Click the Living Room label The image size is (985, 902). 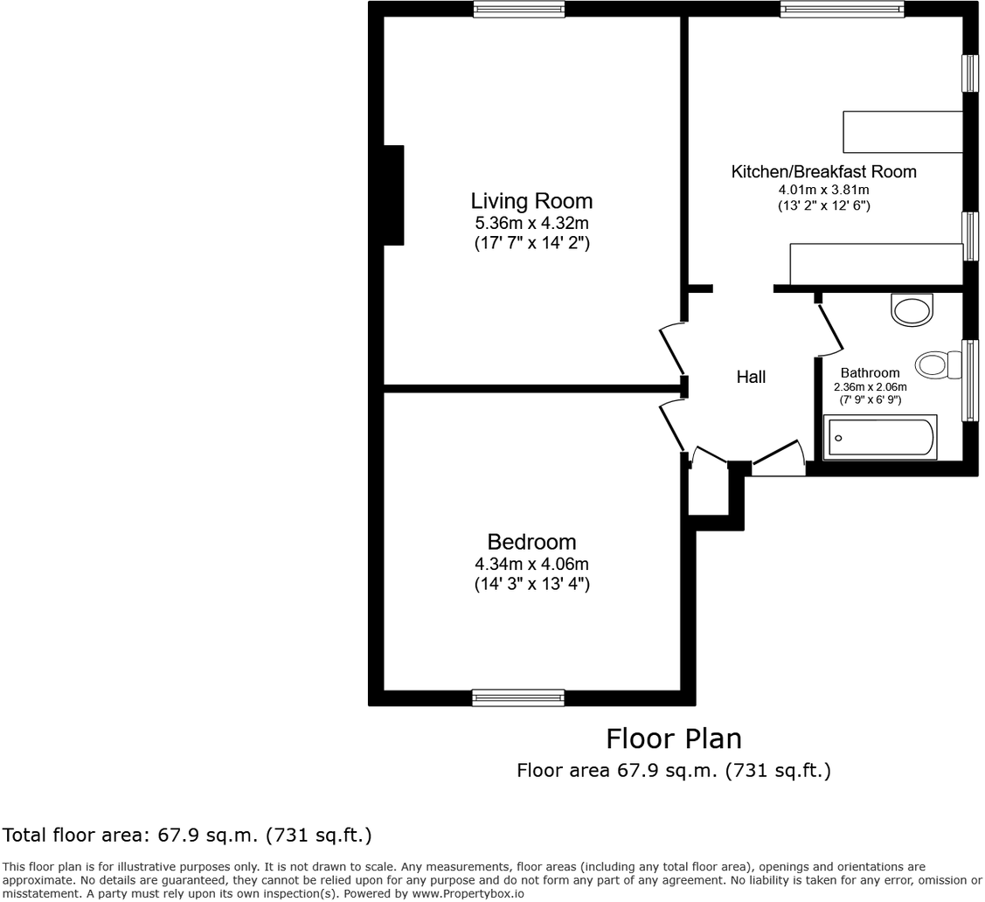pyautogui.click(x=531, y=201)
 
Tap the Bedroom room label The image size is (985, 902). pyautogui.click(x=531, y=541)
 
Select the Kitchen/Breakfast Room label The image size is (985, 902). pyautogui.click(x=823, y=171)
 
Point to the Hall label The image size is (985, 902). pyautogui.click(x=751, y=377)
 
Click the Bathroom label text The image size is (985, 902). pyautogui.click(x=870, y=372)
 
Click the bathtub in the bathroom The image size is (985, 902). pyautogui.click(x=881, y=437)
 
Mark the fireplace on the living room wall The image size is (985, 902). pyautogui.click(x=393, y=195)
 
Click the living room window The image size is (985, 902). pyautogui.click(x=518, y=10)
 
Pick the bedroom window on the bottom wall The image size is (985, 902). pyautogui.click(x=517, y=697)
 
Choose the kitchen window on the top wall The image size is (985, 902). pyautogui.click(x=842, y=10)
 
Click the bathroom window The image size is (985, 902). pyautogui.click(x=970, y=380)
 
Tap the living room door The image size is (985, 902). pyautogui.click(x=671, y=348)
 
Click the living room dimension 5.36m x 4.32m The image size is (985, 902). pyautogui.click(x=531, y=224)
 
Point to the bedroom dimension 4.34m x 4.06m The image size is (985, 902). pyautogui.click(x=531, y=564)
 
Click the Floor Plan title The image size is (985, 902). pyautogui.click(x=674, y=739)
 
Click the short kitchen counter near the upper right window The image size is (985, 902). pyautogui.click(x=902, y=132)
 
